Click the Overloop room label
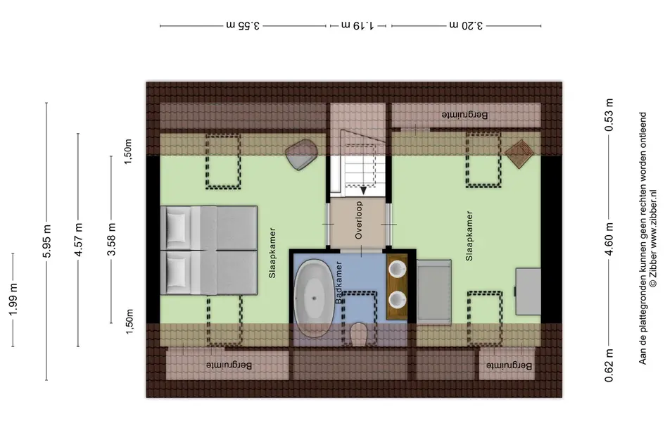pyautogui.click(x=359, y=220)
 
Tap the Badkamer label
pyautogui.click(x=339, y=282)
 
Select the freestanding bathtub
pyautogui.click(x=314, y=298)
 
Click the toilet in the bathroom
pyautogui.click(x=359, y=334)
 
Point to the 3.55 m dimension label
pyautogui.click(x=242, y=25)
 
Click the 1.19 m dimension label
pyautogui.click(x=357, y=25)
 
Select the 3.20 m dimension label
pyautogui.click(x=466, y=25)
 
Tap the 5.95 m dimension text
pyautogui.click(x=46, y=241)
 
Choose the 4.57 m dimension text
pyautogui.click(x=78, y=239)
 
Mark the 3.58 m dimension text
pyautogui.click(x=112, y=239)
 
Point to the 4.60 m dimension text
pyautogui.click(x=609, y=239)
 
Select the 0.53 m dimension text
pyautogui.click(x=609, y=115)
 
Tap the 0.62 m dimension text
pyautogui.click(x=609, y=365)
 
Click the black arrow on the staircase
pyautogui.click(x=363, y=190)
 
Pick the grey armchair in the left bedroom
pyautogui.click(x=302, y=154)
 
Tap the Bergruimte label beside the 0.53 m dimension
pyautogui.click(x=465, y=115)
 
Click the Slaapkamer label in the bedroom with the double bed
pyautogui.click(x=272, y=253)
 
